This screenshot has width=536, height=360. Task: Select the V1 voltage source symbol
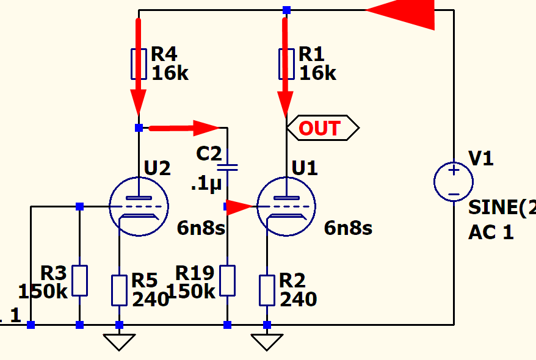(454, 182)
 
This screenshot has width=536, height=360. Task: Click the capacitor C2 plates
(227, 166)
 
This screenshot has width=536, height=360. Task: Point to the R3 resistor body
(79, 281)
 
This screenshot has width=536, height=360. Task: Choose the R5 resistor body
(119, 290)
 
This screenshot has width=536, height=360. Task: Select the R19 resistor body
(227, 281)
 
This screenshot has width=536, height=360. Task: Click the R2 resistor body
(267, 290)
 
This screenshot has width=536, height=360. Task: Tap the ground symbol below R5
(119, 342)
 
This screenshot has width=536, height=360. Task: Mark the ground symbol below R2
(267, 342)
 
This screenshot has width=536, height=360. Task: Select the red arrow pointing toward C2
(184, 128)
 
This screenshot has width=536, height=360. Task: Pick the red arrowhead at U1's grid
(239, 207)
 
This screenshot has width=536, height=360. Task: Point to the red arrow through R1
(285, 67)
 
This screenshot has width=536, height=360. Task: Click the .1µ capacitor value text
(205, 184)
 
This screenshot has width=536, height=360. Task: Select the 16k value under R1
(317, 74)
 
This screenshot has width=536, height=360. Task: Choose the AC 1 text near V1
(491, 232)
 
